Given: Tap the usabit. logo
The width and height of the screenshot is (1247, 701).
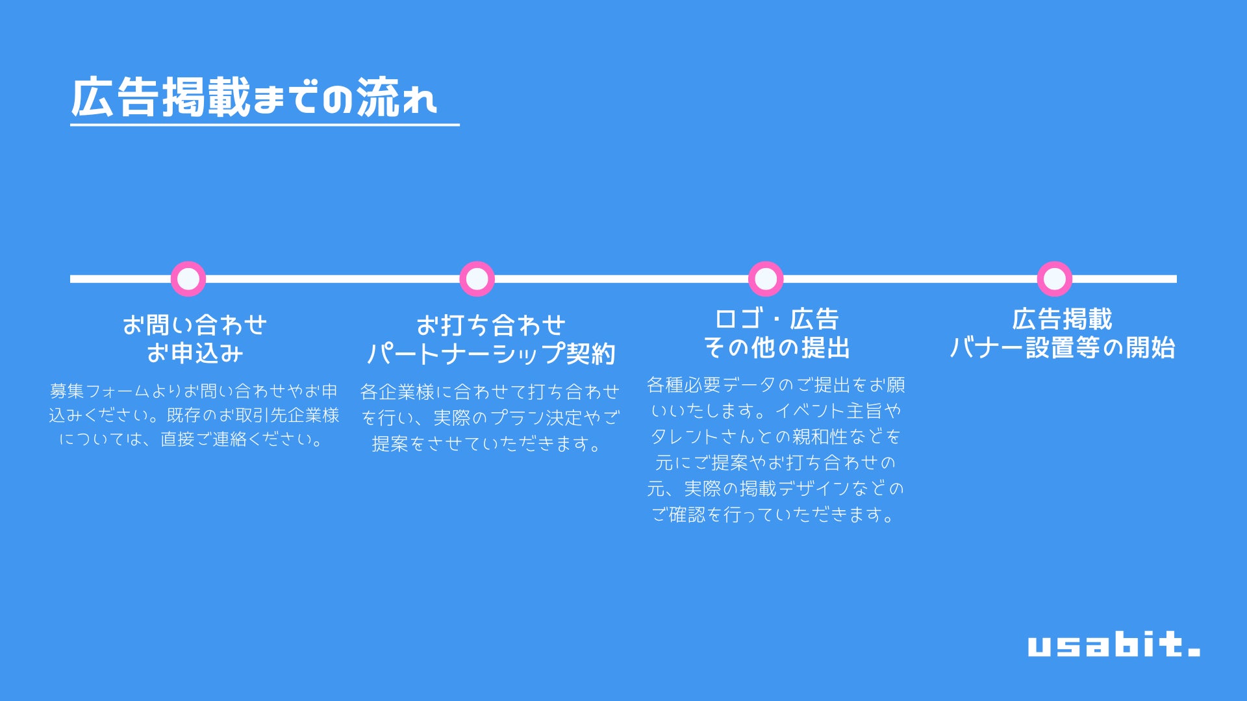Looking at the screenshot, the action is (x=1113, y=644).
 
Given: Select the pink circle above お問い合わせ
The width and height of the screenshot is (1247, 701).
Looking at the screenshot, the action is (x=188, y=279).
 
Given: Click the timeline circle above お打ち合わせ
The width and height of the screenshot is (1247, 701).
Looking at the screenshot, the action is (x=477, y=279).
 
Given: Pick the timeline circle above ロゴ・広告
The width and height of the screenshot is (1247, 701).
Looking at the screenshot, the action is (x=766, y=279).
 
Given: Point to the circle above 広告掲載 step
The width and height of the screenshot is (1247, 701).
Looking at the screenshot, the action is (x=1054, y=279).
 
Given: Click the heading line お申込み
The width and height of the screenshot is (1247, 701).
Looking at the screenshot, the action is (x=195, y=353).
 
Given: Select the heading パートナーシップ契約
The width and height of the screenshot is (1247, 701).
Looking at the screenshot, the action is (x=491, y=354).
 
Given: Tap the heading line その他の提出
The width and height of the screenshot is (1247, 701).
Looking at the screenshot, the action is (x=777, y=348).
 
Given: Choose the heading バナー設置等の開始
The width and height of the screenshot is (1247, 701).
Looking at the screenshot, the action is (x=1062, y=348).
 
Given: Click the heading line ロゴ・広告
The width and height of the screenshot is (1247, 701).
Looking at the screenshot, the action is (x=777, y=319).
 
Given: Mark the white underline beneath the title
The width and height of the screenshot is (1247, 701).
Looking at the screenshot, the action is (x=264, y=124).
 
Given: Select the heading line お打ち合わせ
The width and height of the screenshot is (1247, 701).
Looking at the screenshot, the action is (x=491, y=325).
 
